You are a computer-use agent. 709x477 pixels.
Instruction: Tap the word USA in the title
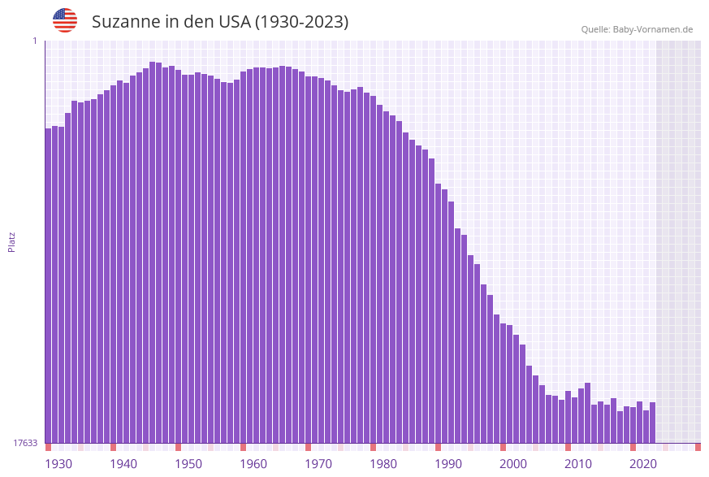234,22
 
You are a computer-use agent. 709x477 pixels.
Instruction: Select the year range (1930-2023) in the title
301,22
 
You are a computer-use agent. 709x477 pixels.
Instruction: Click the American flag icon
65,20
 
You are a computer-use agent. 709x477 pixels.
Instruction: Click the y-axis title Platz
12,241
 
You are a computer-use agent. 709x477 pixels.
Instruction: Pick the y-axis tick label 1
35,41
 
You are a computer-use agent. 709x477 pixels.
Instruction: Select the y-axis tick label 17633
25,443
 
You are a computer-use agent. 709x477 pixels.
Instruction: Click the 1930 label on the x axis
58,464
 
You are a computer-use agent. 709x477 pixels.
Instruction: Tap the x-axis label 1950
188,464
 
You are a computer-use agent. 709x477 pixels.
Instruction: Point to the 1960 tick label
253,464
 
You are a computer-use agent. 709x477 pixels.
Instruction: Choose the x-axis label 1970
318,464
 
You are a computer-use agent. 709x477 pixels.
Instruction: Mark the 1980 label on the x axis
383,464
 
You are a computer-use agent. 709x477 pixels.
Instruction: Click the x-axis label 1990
448,464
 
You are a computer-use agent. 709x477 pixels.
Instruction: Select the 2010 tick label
578,464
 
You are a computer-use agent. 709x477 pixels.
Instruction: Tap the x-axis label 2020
643,464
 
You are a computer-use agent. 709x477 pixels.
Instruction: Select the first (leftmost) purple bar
49,284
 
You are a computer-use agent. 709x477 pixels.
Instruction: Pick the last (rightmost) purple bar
652,423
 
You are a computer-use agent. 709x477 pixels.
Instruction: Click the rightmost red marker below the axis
698,447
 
